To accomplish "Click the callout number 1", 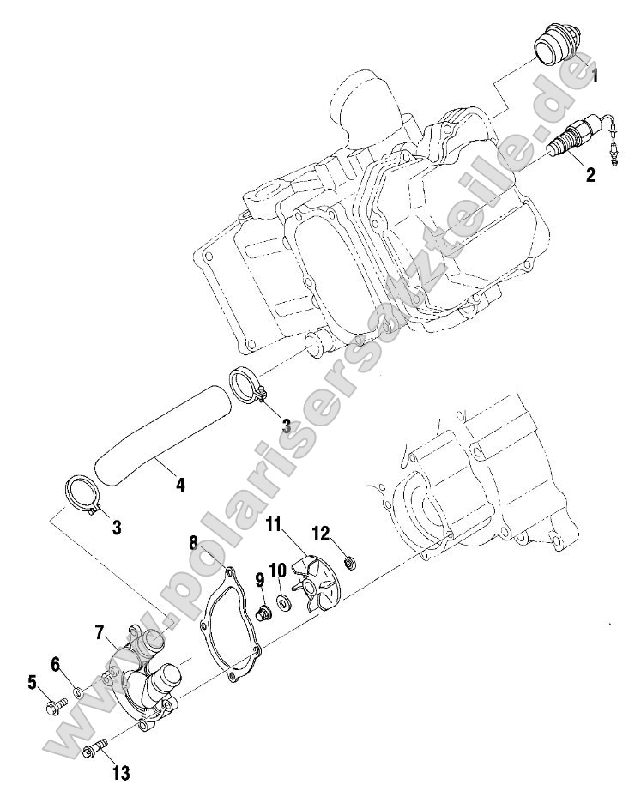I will [x=594, y=75].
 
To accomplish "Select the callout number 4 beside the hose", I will [x=179, y=485].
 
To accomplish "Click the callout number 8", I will [x=194, y=543].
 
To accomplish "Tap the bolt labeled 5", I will [x=52, y=707].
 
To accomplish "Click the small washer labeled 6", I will [x=77, y=691].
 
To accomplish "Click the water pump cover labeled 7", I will [x=146, y=678].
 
